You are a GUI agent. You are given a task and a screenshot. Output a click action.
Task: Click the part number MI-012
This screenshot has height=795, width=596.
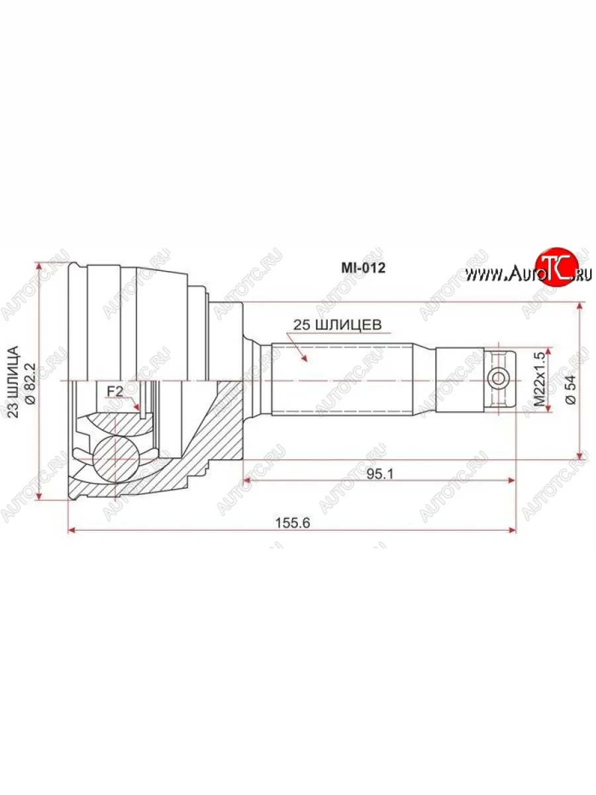click(364, 268)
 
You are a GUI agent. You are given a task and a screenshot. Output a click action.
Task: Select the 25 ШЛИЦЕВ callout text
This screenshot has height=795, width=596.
click(337, 325)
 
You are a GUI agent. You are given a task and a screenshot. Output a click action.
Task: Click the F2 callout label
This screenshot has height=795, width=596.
click(115, 391)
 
